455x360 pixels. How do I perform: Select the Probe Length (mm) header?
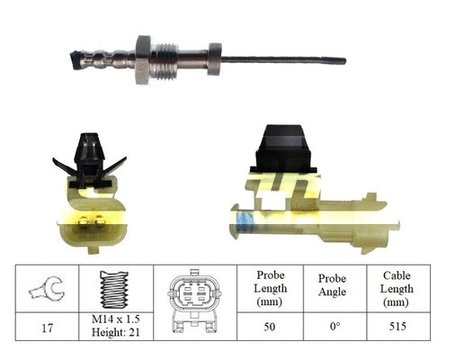coord(270,288)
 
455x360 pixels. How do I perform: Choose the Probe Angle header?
coord(333,288)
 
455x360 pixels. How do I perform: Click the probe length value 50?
coord(270,328)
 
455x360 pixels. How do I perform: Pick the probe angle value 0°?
coord(333,328)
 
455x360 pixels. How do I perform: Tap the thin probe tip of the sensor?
coord(297,60)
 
